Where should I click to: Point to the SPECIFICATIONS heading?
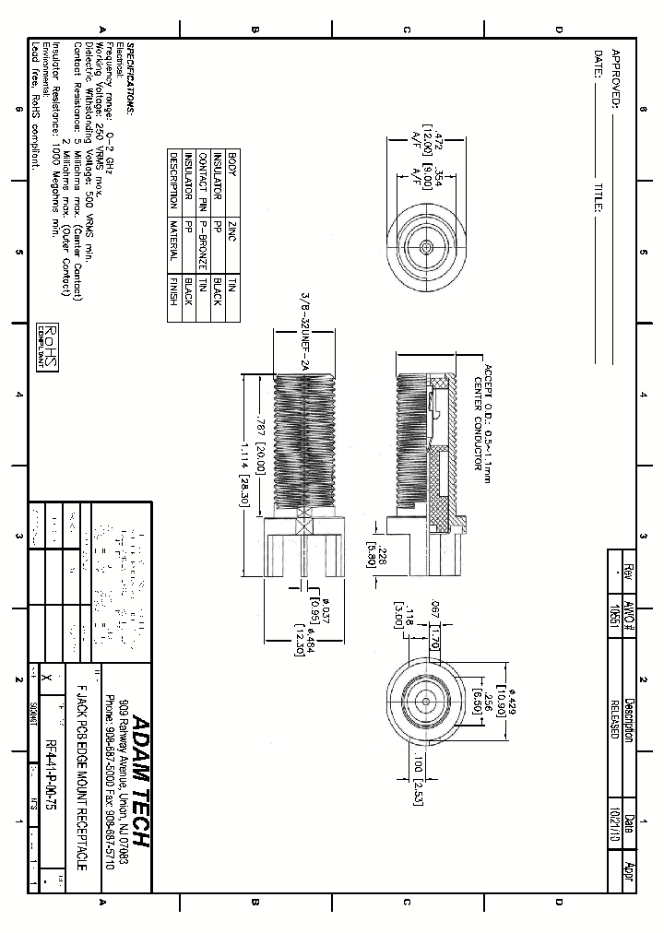pyautogui.click(x=130, y=78)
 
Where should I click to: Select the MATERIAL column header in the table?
pyautogui.click(x=172, y=240)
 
